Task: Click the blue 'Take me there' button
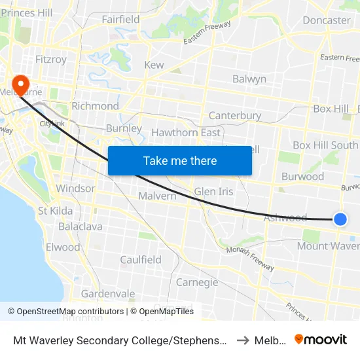(179, 160)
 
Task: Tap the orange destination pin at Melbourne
(20, 84)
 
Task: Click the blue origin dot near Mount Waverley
(340, 219)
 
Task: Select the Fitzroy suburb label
(51, 60)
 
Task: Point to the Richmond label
(95, 106)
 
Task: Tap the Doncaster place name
(327, 20)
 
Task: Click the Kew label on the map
(154, 65)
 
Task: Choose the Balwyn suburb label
(249, 79)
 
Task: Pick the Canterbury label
(234, 116)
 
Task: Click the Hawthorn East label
(186, 132)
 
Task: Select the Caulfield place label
(141, 260)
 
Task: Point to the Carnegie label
(197, 282)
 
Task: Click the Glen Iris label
(213, 192)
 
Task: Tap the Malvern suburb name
(157, 196)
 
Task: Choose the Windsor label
(75, 189)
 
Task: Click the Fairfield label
(120, 20)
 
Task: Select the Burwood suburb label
(302, 176)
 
